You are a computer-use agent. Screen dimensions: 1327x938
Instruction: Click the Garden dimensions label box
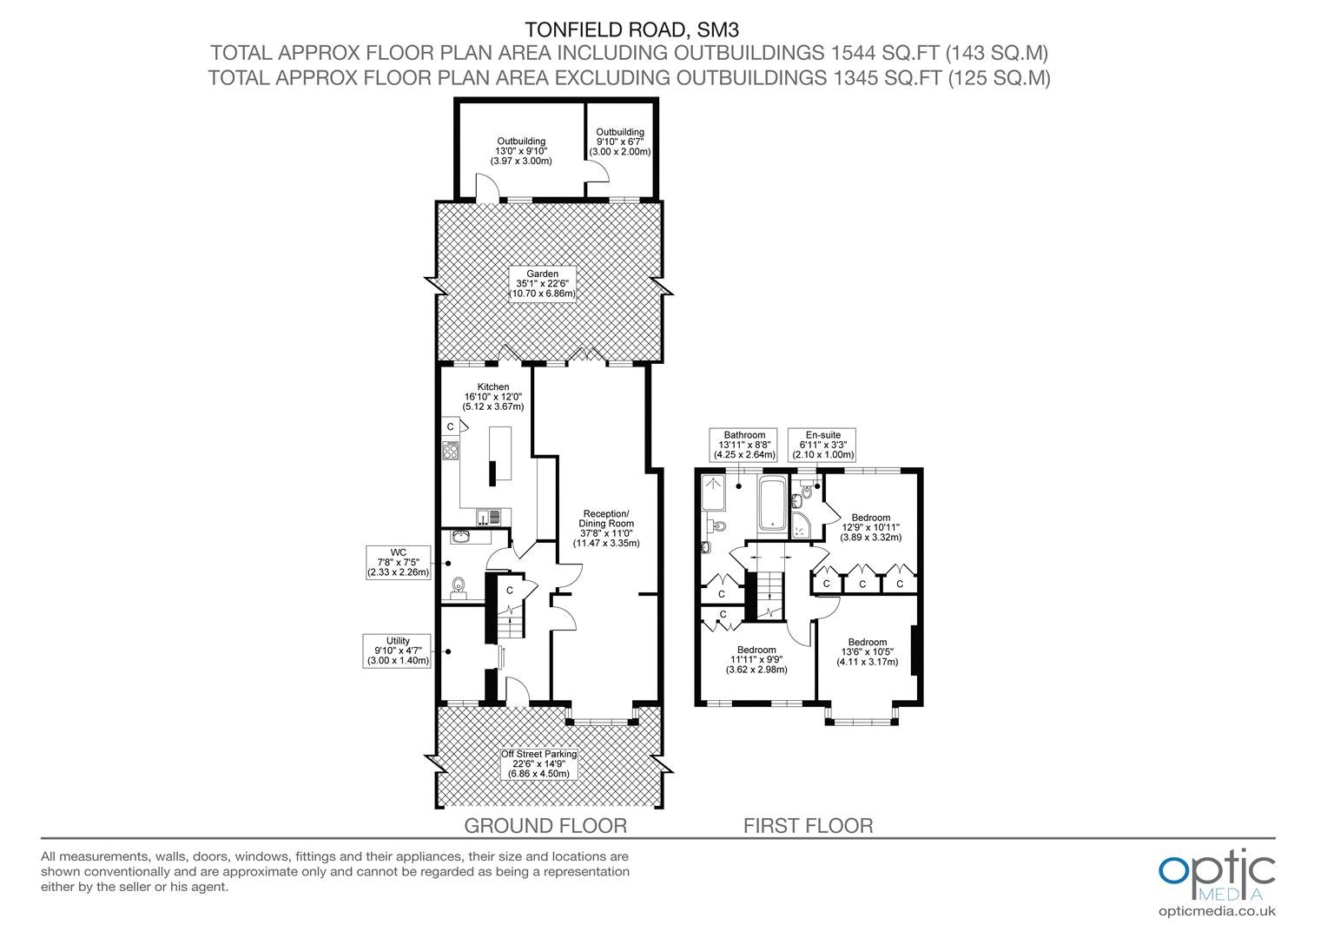click(542, 284)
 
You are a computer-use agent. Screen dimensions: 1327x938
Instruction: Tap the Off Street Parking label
click(538, 763)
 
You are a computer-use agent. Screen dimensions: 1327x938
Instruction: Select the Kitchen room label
click(493, 396)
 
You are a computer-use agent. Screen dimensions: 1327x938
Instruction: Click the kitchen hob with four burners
click(450, 451)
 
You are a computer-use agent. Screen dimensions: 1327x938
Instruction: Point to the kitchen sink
click(489, 518)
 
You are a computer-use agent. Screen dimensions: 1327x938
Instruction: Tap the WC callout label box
click(398, 562)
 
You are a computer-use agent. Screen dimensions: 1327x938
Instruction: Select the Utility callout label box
click(397, 651)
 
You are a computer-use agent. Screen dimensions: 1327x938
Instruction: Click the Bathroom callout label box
click(744, 445)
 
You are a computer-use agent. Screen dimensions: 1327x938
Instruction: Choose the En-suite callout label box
click(822, 445)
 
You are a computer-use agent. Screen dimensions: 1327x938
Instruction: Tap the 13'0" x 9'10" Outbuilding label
click(521, 151)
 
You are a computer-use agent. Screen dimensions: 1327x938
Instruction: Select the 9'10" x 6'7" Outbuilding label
click(620, 142)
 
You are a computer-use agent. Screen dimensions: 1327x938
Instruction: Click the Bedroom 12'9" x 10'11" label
click(870, 527)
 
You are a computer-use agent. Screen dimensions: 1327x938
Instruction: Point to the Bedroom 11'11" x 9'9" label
click(756, 659)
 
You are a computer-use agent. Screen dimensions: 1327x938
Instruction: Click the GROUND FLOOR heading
click(545, 825)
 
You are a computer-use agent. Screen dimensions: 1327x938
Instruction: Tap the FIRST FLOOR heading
click(808, 825)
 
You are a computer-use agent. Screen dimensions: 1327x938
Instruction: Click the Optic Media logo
click(1217, 882)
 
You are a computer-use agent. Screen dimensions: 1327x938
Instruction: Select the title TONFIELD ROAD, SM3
click(632, 30)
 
